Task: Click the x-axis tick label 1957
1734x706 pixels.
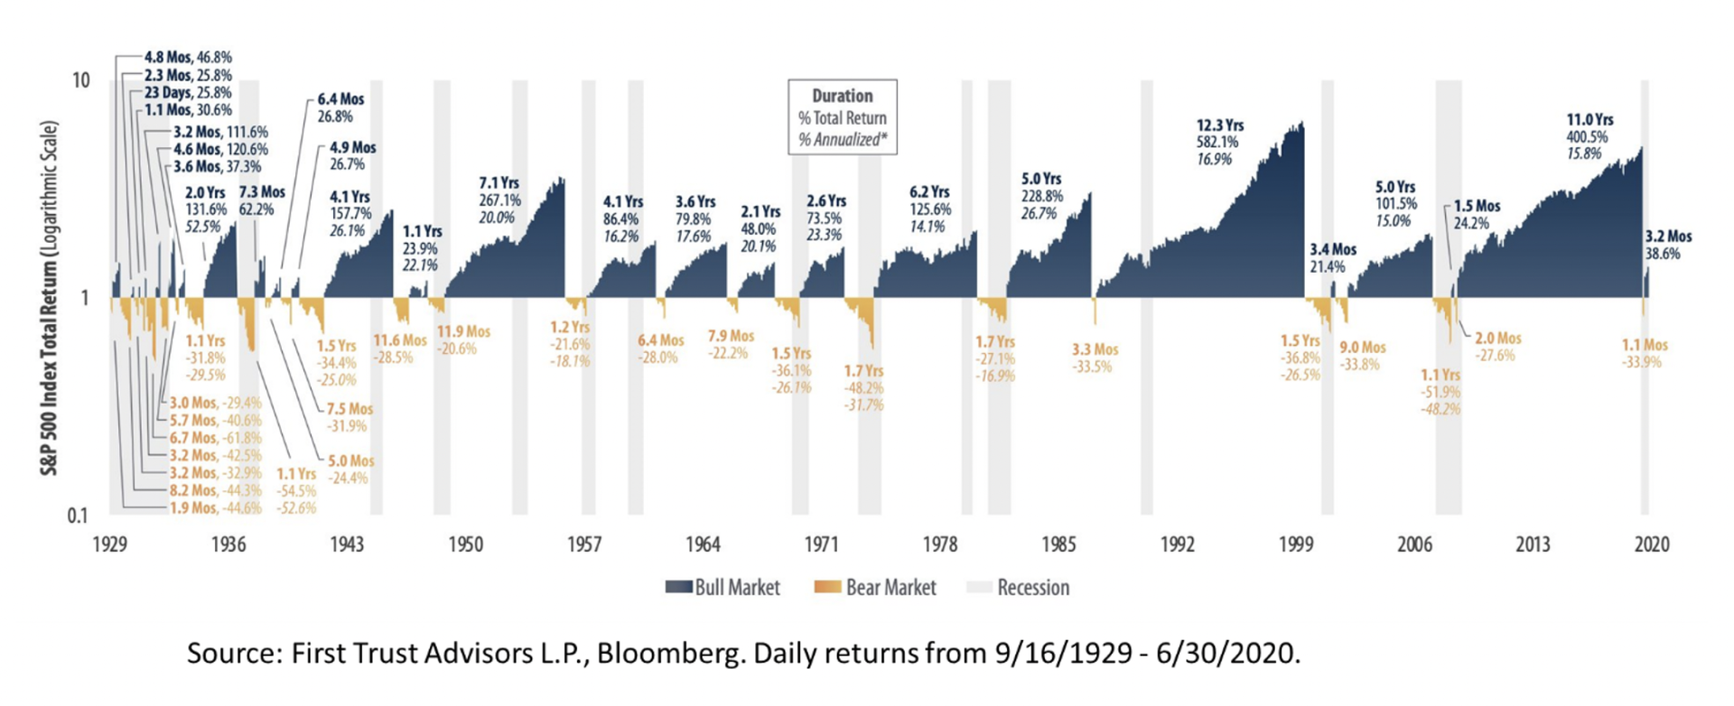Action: pos(584,544)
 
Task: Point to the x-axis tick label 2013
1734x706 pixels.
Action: pos(1533,544)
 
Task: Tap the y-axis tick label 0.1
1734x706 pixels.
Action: pos(79,516)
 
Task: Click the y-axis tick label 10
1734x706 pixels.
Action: pos(80,80)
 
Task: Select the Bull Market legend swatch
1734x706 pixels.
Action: pos(678,588)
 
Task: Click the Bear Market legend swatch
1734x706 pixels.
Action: pos(828,588)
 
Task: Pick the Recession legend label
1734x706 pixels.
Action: pos(1033,588)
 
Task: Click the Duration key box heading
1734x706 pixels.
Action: pos(842,96)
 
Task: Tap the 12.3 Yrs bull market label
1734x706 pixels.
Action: pos(1220,125)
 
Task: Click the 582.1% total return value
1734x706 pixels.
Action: pos(1217,142)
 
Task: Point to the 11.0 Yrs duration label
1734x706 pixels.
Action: pos(1589,119)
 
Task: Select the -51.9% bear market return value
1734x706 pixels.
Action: pos(1440,392)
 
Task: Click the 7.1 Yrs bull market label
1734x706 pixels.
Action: pos(499,183)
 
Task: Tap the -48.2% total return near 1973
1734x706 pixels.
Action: pos(863,388)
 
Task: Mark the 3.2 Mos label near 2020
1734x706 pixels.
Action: pos(1668,237)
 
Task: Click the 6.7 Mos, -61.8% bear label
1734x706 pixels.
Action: pos(215,438)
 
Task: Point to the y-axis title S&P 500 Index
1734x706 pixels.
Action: pos(49,298)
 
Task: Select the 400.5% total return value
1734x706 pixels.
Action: pos(1588,137)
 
